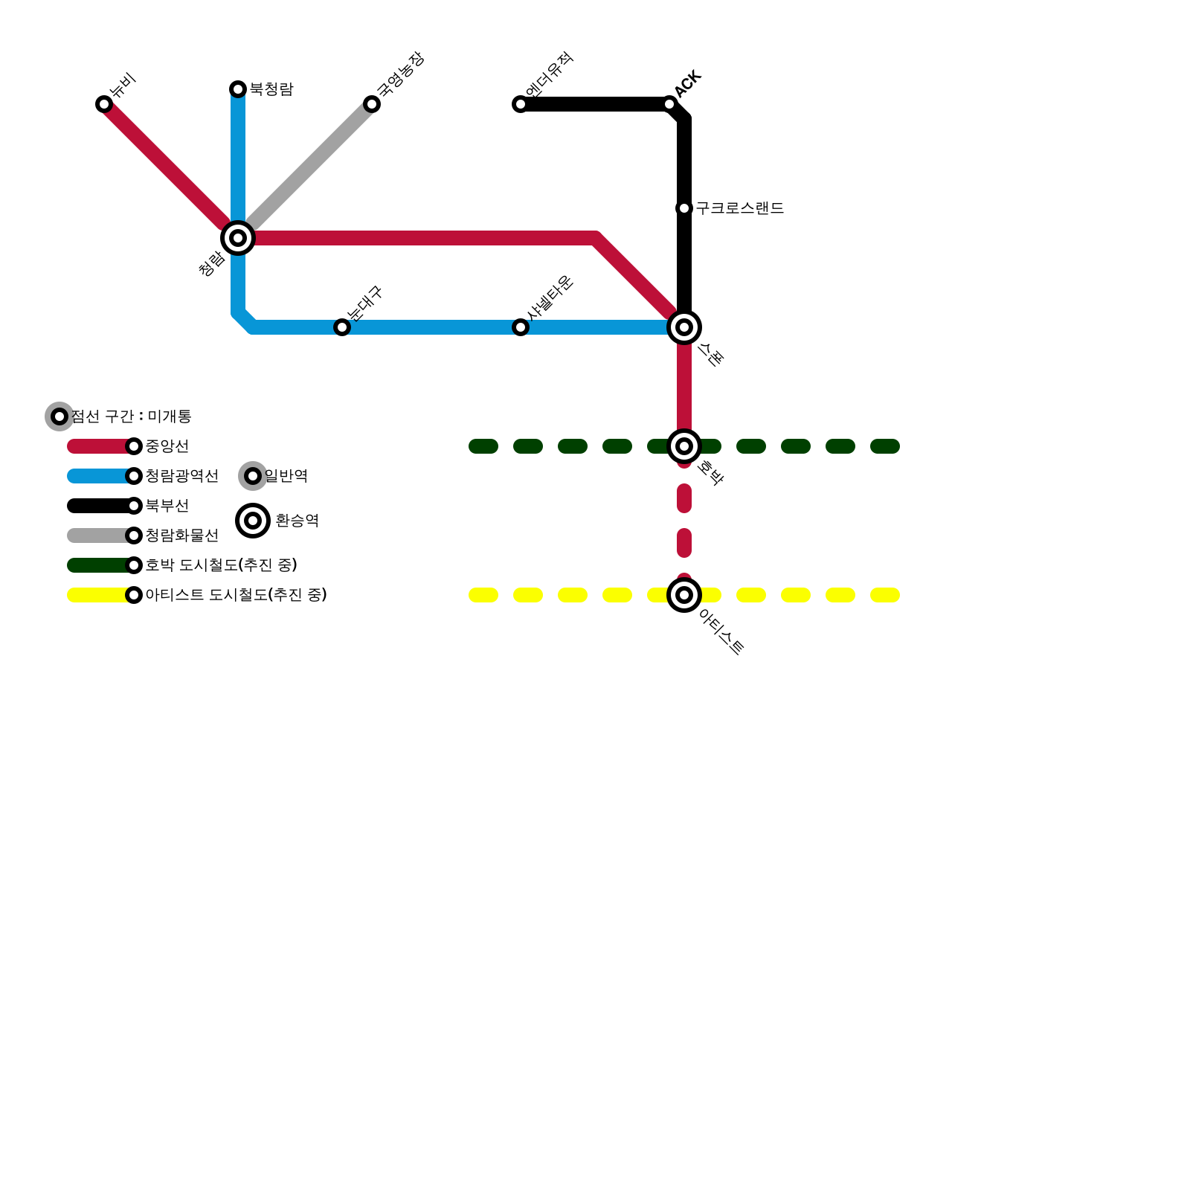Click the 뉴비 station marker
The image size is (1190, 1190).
click(104, 104)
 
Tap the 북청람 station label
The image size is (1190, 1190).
click(271, 89)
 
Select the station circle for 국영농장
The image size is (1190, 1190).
click(372, 104)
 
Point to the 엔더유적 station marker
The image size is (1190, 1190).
click(521, 104)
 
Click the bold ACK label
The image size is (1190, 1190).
click(688, 83)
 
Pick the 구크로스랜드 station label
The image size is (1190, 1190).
click(740, 208)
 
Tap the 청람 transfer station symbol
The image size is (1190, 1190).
click(238, 238)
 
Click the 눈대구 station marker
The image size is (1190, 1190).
click(342, 327)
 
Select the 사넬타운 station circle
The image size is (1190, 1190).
click(521, 327)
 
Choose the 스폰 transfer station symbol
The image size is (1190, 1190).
click(684, 327)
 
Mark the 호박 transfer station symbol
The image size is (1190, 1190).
click(684, 446)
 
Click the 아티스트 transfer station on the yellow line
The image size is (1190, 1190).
click(684, 595)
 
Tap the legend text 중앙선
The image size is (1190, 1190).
click(167, 446)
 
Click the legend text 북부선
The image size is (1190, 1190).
click(167, 506)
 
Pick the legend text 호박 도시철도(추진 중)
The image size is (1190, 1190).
click(222, 565)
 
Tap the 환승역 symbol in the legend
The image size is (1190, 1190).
click(253, 521)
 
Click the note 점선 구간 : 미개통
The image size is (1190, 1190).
click(132, 416)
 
